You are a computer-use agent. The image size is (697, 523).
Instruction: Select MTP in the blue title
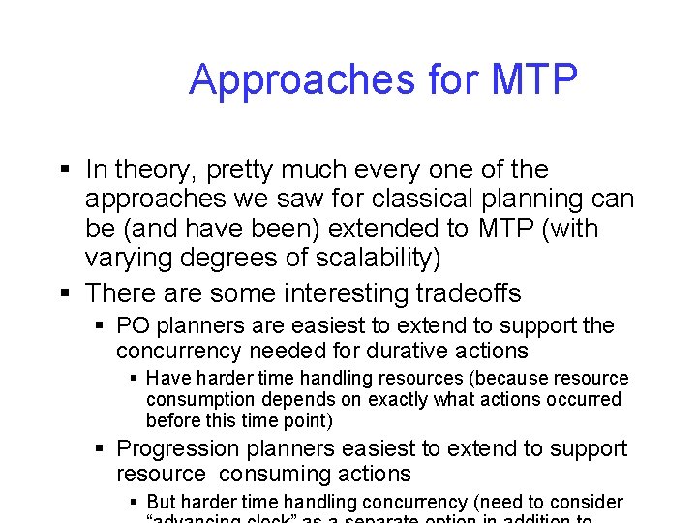534,78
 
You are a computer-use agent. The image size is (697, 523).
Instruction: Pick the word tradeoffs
461,292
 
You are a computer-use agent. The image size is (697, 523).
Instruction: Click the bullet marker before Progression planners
101,450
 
